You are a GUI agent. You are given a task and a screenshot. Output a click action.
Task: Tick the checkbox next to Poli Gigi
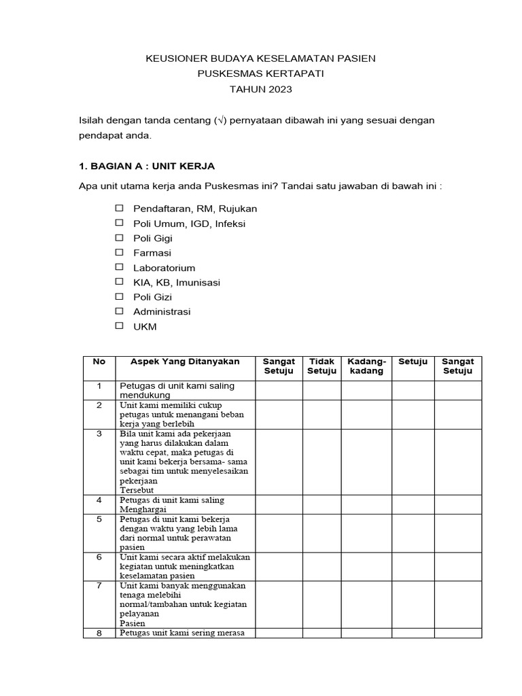coord(119,238)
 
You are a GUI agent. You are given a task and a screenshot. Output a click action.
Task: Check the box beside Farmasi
coord(119,253)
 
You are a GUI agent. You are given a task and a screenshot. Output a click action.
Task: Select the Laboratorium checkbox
coord(119,267)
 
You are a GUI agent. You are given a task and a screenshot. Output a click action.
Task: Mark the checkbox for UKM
coord(119,326)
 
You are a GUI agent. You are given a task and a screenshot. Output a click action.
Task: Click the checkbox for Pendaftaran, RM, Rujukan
coord(119,208)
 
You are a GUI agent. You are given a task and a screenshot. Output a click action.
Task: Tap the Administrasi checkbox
coord(119,311)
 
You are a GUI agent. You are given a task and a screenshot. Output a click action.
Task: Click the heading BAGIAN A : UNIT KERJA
coord(147,167)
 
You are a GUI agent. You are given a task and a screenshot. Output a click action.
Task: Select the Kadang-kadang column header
coord(366,366)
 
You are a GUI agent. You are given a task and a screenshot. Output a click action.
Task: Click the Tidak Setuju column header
coord(321,366)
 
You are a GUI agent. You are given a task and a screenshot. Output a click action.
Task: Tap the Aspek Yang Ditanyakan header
coord(185,362)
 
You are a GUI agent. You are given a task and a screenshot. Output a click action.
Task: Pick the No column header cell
coord(99,362)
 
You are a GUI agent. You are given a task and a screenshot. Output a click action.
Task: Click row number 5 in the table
coord(99,519)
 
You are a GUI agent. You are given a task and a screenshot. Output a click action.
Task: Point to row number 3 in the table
coord(99,433)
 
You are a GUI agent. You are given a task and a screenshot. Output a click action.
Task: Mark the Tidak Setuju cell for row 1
coord(321,390)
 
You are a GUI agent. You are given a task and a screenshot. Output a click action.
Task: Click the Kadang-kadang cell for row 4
coord(366,504)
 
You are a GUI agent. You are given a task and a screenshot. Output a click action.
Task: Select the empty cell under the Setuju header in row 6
coord(413,565)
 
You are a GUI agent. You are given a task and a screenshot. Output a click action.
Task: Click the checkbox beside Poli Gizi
coord(119,296)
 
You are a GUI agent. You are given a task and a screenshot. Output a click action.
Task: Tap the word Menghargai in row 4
coord(143,509)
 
